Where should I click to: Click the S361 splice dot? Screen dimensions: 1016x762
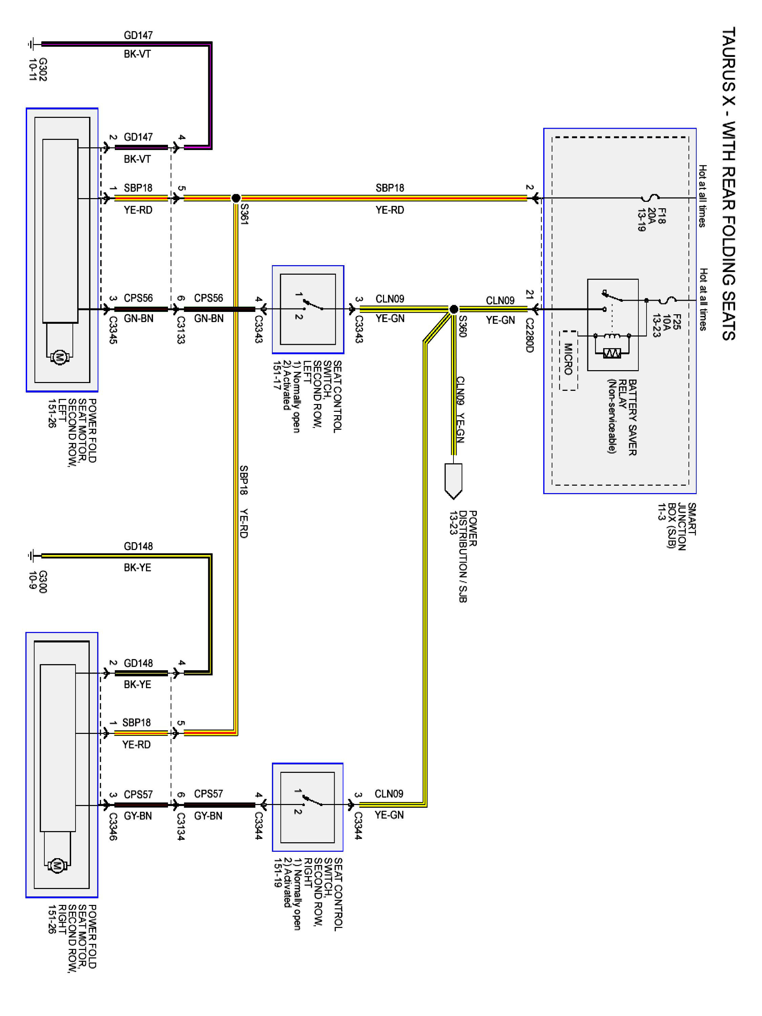click(x=236, y=198)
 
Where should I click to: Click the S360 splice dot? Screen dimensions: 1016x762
click(x=453, y=309)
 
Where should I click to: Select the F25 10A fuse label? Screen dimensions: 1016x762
click(x=666, y=325)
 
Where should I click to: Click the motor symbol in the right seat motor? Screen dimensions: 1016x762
click(x=57, y=866)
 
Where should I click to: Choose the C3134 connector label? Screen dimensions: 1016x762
click(x=181, y=827)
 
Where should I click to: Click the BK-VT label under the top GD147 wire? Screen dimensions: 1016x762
click(x=137, y=54)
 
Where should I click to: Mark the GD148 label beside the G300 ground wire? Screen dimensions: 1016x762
click(x=138, y=546)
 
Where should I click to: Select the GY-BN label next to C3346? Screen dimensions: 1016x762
click(x=138, y=816)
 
